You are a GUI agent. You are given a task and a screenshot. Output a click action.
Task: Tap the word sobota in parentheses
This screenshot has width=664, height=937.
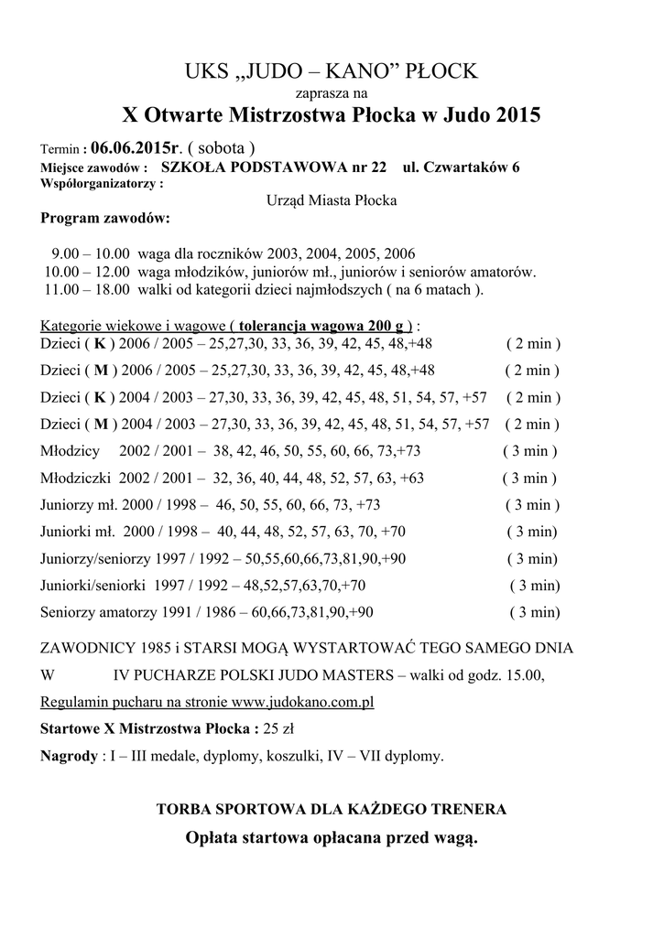[x=221, y=148]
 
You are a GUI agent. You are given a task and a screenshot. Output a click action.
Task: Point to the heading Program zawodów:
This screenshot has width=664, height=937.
[x=104, y=218]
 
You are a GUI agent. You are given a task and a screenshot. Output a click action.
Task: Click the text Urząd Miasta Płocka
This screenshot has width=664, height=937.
[x=332, y=200]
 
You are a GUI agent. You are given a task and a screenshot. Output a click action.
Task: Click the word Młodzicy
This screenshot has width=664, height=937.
[x=71, y=451]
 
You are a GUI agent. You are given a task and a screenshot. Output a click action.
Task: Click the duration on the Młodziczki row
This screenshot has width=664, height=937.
[x=529, y=478]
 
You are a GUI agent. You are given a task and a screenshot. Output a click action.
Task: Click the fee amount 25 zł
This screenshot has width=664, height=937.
[x=278, y=729]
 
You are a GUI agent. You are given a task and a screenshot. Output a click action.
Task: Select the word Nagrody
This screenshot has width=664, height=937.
[x=70, y=756]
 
